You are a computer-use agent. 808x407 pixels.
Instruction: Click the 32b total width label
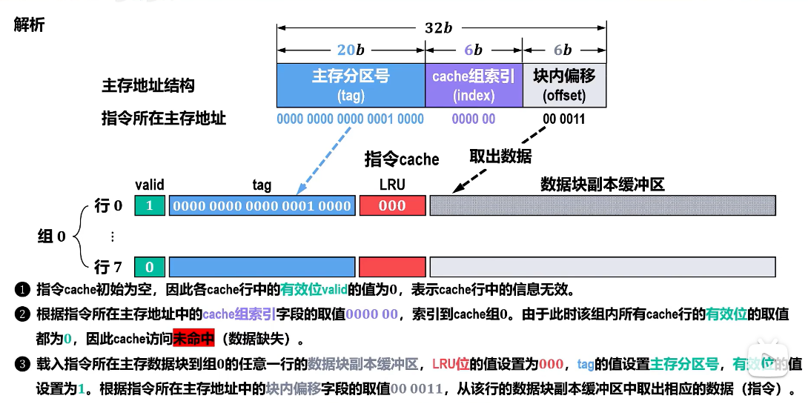[438, 28]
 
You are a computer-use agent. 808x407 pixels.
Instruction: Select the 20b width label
[351, 50]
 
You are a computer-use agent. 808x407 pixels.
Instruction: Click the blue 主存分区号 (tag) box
[351, 85]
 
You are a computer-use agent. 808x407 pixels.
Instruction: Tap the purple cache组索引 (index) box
[474, 85]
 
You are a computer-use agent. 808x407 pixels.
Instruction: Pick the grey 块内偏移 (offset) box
[564, 85]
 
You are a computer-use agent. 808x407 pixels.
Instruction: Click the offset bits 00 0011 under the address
[563, 119]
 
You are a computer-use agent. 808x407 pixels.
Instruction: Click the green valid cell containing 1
[150, 206]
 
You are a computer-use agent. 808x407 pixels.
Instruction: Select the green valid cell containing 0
[150, 267]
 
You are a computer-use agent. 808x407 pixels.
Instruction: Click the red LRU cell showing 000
[392, 206]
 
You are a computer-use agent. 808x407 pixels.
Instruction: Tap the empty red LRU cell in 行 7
[392, 267]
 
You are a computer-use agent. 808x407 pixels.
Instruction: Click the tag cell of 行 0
[262, 206]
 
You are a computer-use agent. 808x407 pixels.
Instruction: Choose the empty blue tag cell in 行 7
[262, 267]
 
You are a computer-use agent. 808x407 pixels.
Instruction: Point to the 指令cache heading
[402, 159]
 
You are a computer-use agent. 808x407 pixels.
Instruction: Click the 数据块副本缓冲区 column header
[602, 185]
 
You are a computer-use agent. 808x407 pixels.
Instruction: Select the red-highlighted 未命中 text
[193, 340]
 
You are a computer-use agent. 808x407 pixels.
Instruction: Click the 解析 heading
[29, 24]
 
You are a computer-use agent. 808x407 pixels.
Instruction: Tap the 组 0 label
[52, 236]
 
